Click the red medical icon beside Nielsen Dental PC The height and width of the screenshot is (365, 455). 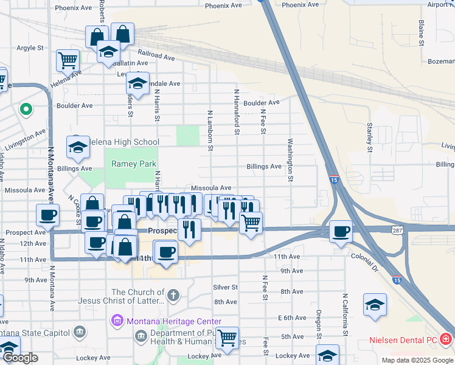point(446,338)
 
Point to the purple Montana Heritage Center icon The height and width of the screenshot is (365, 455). point(116,321)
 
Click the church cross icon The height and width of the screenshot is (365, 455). point(173,296)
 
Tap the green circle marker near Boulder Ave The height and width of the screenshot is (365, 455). point(26,110)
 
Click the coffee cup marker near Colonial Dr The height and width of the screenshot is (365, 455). point(341,231)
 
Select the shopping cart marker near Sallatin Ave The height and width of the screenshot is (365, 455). point(68,60)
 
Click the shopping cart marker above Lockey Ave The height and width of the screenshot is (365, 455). point(227,338)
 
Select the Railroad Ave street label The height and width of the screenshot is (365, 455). point(156,55)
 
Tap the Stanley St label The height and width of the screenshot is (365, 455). point(369,137)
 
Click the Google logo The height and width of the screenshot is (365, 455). point(20,358)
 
